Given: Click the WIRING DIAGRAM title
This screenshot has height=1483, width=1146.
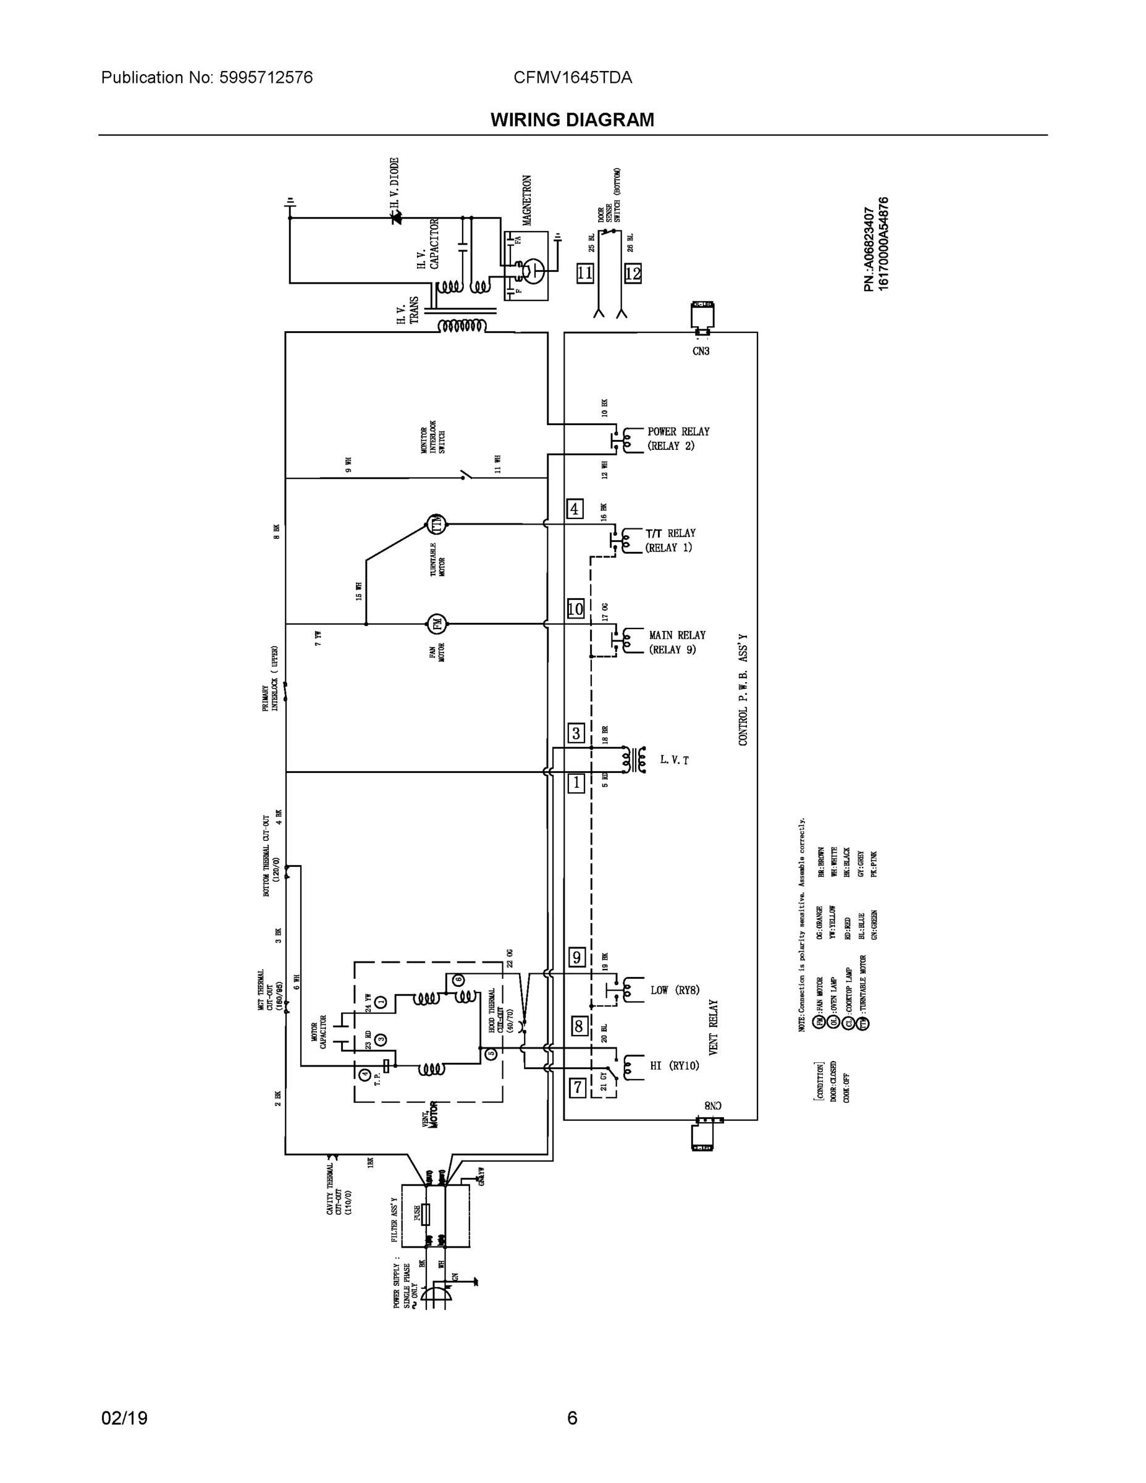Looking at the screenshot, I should coord(572,120).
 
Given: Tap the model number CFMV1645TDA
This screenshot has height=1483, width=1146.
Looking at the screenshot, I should coord(572,77).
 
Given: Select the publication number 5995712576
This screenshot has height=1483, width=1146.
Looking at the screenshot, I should coord(266,77).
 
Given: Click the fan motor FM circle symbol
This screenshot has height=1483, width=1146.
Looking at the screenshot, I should coord(436,623).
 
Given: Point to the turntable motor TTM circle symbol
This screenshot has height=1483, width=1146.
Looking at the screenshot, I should coord(437,523).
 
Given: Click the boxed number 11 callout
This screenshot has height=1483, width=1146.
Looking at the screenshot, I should coord(584,274).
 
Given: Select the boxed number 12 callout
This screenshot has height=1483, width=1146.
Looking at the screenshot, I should coord(632,274).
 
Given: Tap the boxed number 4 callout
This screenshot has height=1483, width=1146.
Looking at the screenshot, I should coord(575,509).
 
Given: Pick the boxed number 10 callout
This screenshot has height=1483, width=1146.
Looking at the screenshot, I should coord(575,609).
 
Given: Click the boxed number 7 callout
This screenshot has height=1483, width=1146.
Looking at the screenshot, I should coord(577,1088).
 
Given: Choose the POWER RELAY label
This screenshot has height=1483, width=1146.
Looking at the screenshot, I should coord(678,431).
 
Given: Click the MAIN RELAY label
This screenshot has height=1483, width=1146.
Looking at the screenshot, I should coord(677,635).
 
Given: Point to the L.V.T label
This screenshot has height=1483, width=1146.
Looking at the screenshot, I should coord(674,760).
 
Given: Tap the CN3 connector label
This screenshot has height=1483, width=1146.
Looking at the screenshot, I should coord(701,351).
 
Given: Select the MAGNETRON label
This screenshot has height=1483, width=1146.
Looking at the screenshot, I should coord(528,200).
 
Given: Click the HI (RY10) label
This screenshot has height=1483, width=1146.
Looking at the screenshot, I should coord(674,1065).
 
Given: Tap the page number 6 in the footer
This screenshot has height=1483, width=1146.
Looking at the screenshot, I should coord(572,1419).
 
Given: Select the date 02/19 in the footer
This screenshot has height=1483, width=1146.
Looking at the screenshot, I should coord(124,1419).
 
